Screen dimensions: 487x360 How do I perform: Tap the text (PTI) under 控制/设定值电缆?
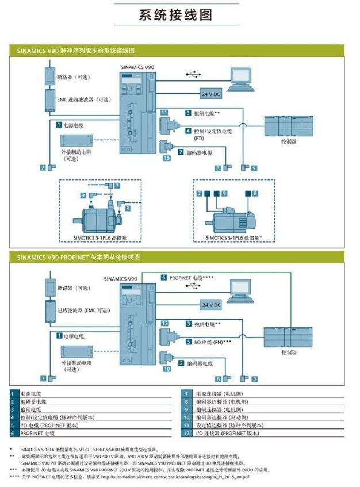tap(198, 139)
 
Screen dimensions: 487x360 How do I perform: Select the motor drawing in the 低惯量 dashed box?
tap(233, 218)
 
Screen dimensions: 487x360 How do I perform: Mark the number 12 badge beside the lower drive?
tap(164, 324)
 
